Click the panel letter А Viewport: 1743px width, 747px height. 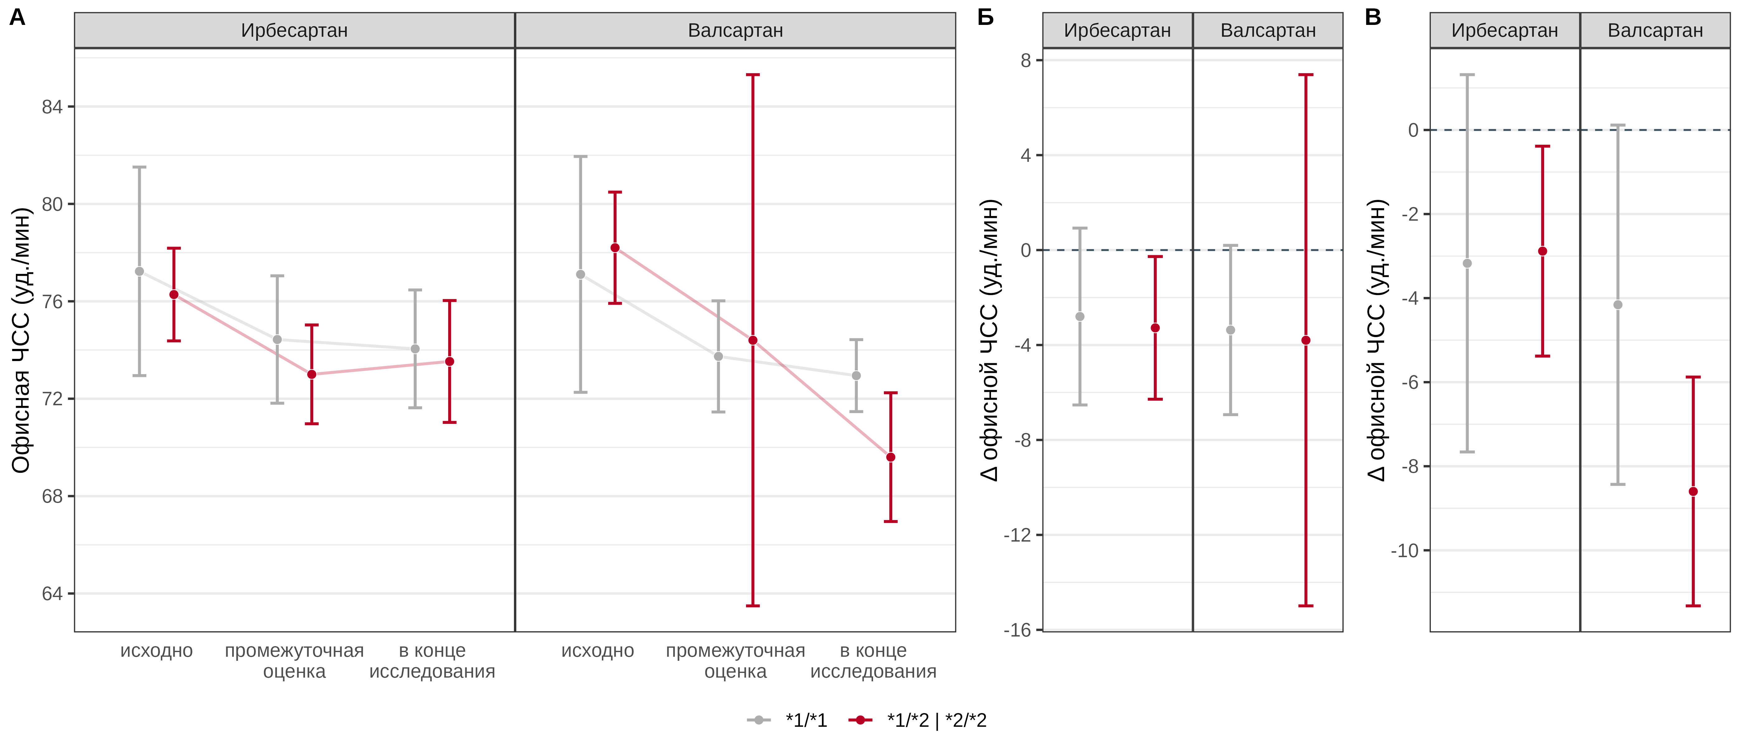click(x=18, y=17)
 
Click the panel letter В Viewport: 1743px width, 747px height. click(x=1373, y=17)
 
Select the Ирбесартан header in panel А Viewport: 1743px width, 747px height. click(x=294, y=31)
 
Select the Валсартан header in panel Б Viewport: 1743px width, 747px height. click(x=1268, y=31)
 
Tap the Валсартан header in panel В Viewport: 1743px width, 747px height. click(x=1655, y=31)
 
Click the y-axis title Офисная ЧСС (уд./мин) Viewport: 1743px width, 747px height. click(x=22, y=340)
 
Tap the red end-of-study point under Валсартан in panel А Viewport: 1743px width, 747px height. click(x=890, y=458)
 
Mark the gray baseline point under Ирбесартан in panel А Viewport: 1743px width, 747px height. click(x=139, y=271)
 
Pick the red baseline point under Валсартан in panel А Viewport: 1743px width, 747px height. click(x=615, y=248)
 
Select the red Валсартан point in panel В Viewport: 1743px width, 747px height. click(x=1693, y=492)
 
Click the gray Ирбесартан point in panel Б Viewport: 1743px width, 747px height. click(x=1080, y=317)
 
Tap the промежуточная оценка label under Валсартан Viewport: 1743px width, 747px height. click(x=735, y=661)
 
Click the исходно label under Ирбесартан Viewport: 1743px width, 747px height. click(x=156, y=651)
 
